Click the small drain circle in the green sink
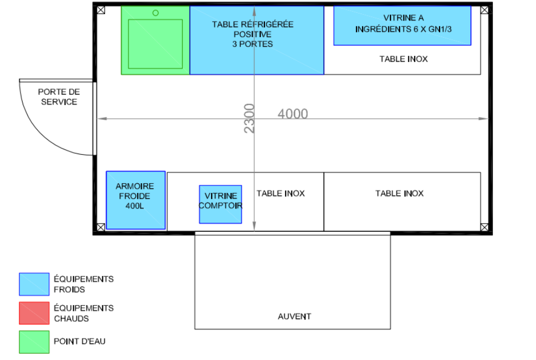(x=156, y=13)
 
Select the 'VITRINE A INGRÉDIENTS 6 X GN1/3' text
(x=403, y=24)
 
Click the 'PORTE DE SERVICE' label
(x=59, y=97)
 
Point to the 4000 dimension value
(x=293, y=114)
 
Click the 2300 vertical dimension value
(x=249, y=119)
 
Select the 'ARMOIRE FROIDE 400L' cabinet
(x=136, y=200)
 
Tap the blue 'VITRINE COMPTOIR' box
(x=220, y=204)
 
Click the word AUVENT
(x=295, y=316)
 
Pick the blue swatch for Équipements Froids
(x=34, y=284)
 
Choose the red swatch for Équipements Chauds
(x=34, y=314)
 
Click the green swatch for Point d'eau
(x=34, y=342)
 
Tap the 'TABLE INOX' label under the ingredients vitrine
(x=403, y=59)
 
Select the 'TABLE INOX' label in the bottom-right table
(x=399, y=193)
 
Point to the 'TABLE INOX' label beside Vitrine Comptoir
(x=281, y=193)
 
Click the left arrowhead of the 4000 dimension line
(x=100, y=118)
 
